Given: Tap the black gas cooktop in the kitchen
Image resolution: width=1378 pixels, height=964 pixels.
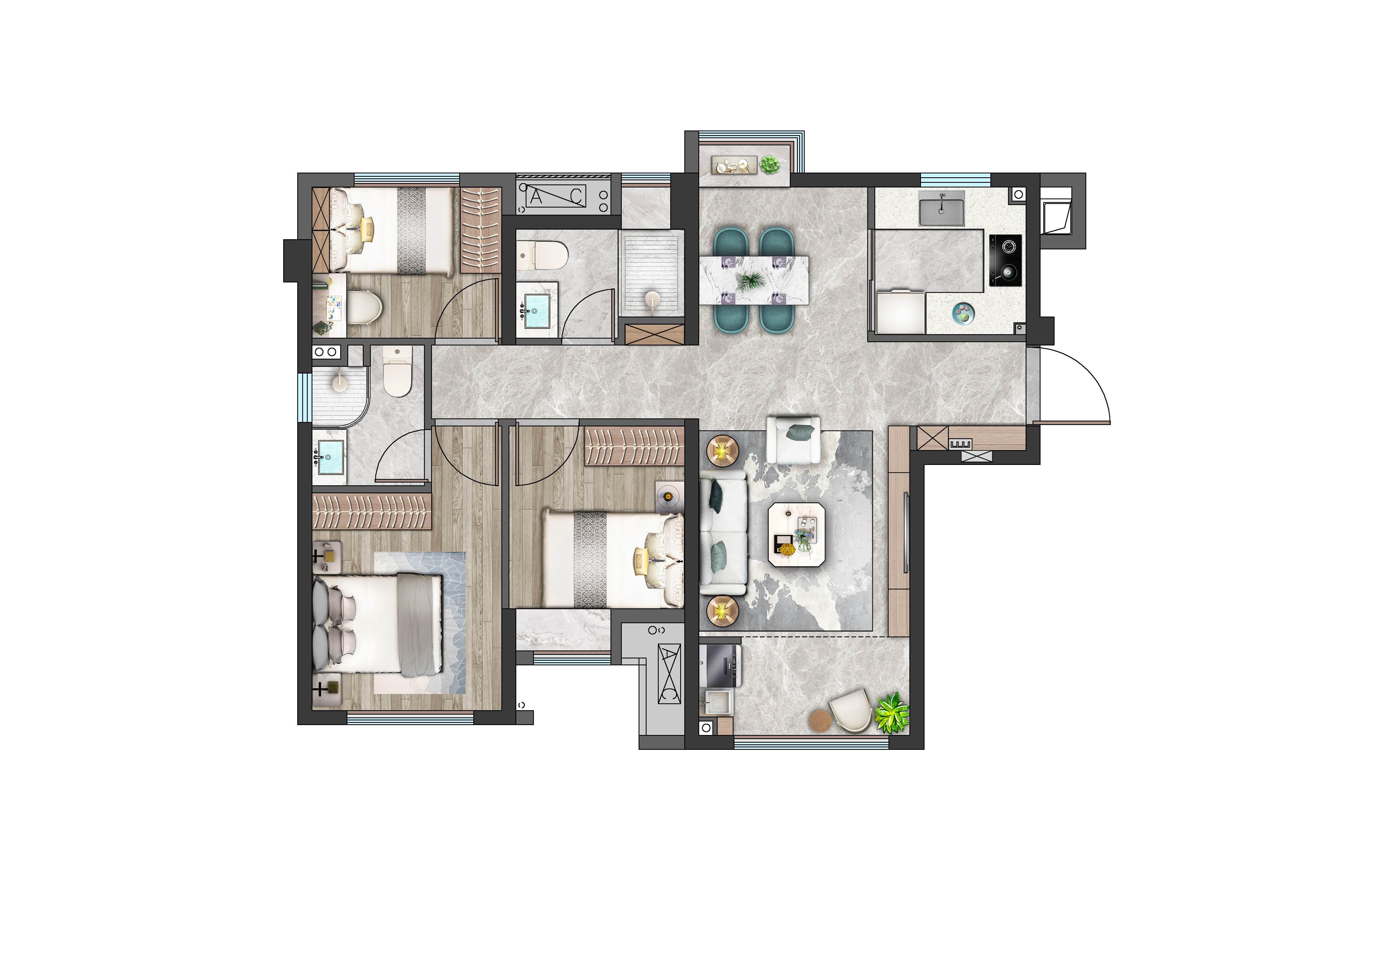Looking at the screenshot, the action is [1005, 260].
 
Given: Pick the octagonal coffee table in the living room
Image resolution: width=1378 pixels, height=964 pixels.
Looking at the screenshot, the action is [796, 534].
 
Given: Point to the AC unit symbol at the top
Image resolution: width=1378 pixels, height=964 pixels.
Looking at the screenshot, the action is [555, 195].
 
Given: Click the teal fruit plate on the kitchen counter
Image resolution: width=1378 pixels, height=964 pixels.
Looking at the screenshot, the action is [963, 313].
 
